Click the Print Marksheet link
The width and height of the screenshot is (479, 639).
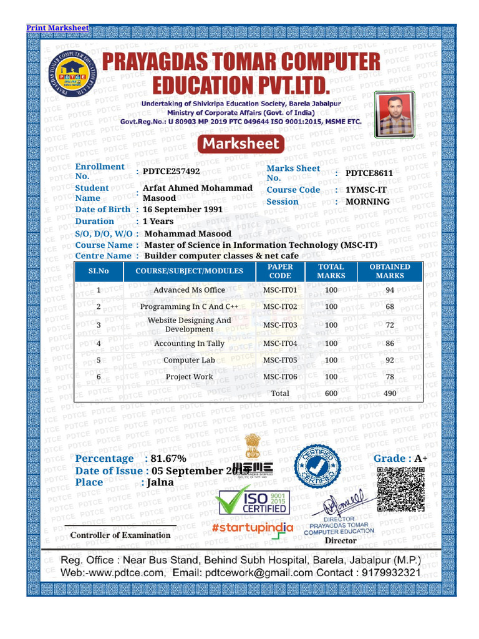point(57,28)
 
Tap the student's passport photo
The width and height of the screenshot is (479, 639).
point(394,114)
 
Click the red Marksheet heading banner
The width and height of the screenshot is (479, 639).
point(241,145)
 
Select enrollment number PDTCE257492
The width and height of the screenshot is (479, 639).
point(172,171)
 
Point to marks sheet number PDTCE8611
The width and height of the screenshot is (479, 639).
point(369,173)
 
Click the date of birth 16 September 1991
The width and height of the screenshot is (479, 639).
point(183,210)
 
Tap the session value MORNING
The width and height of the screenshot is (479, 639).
point(367,202)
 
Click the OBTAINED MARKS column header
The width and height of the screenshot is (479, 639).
point(390,271)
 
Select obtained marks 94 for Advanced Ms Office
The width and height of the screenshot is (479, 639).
point(390,290)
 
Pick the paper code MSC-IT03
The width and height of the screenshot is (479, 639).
point(280,325)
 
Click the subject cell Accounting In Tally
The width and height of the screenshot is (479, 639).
point(189,344)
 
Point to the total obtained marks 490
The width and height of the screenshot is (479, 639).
point(390,394)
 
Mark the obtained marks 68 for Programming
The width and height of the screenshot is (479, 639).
point(390,307)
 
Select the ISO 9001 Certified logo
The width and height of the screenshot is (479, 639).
point(253,501)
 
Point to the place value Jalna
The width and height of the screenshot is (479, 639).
point(160,482)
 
